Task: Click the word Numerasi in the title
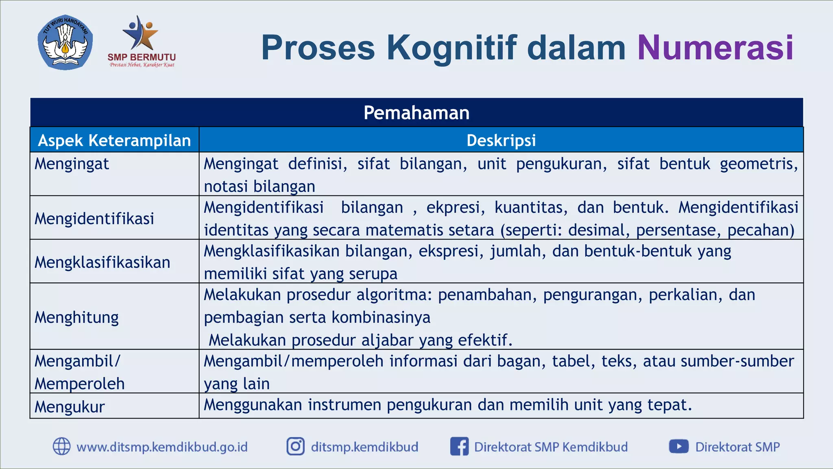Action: pyautogui.click(x=715, y=48)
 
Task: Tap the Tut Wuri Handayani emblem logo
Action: pyautogui.click(x=65, y=43)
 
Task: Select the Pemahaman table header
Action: pyautogui.click(x=416, y=113)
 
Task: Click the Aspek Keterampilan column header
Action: pyautogui.click(x=114, y=140)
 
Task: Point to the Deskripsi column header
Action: pyautogui.click(x=501, y=140)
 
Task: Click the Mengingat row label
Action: pyautogui.click(x=72, y=164)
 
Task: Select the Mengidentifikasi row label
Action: pyautogui.click(x=94, y=219)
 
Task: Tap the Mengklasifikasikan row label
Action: pyautogui.click(x=102, y=263)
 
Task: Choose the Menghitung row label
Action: pyautogui.click(x=76, y=318)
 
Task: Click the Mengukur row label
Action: pyautogui.click(x=70, y=407)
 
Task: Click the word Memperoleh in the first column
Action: pyautogui.click(x=80, y=384)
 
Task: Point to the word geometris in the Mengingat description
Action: pyautogui.click(x=758, y=164)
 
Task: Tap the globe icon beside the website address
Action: pyautogui.click(x=62, y=447)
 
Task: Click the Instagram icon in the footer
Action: pyautogui.click(x=296, y=447)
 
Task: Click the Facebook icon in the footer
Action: pyautogui.click(x=459, y=447)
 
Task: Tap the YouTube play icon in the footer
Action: pyautogui.click(x=678, y=447)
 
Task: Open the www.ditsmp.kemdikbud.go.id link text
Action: pyautogui.click(x=162, y=447)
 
